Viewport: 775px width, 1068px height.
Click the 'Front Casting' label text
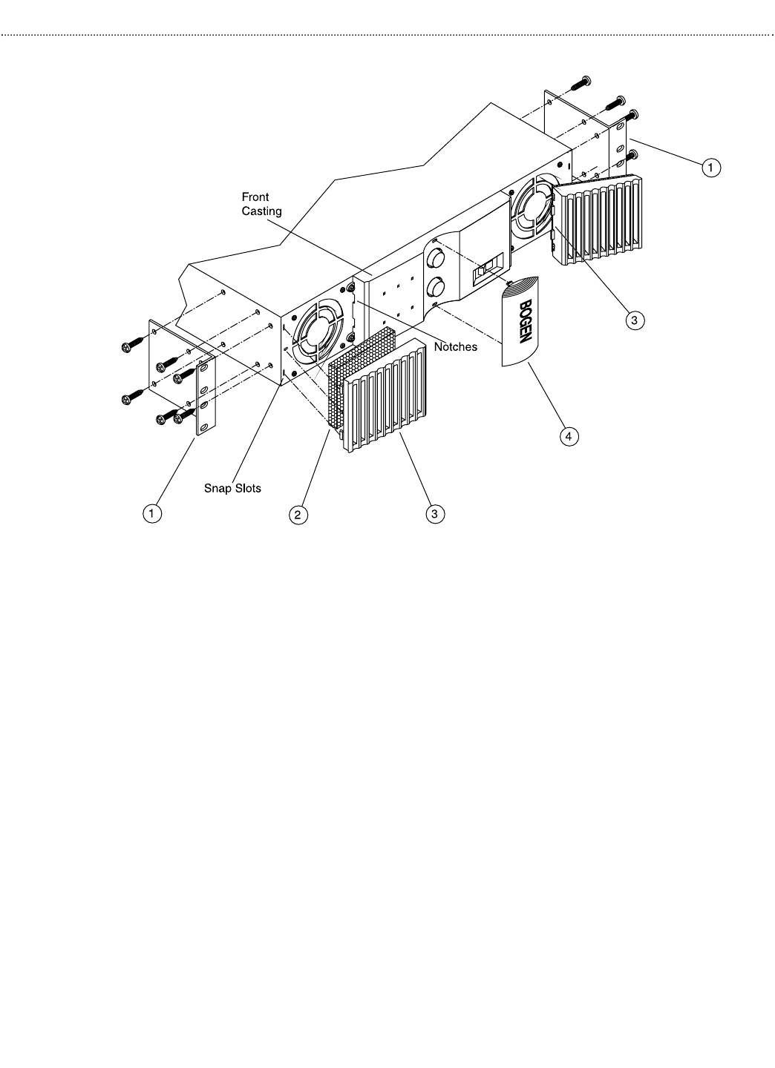[x=261, y=204]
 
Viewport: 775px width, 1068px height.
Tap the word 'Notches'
[x=455, y=347]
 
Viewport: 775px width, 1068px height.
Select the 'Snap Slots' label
[x=232, y=489]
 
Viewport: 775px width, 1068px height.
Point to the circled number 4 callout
[x=568, y=436]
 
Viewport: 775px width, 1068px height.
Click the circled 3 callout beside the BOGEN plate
[x=632, y=320]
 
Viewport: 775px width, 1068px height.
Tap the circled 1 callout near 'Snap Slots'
[x=152, y=513]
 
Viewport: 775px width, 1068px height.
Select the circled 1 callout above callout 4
[x=710, y=168]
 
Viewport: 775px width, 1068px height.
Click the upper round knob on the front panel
[x=436, y=259]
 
